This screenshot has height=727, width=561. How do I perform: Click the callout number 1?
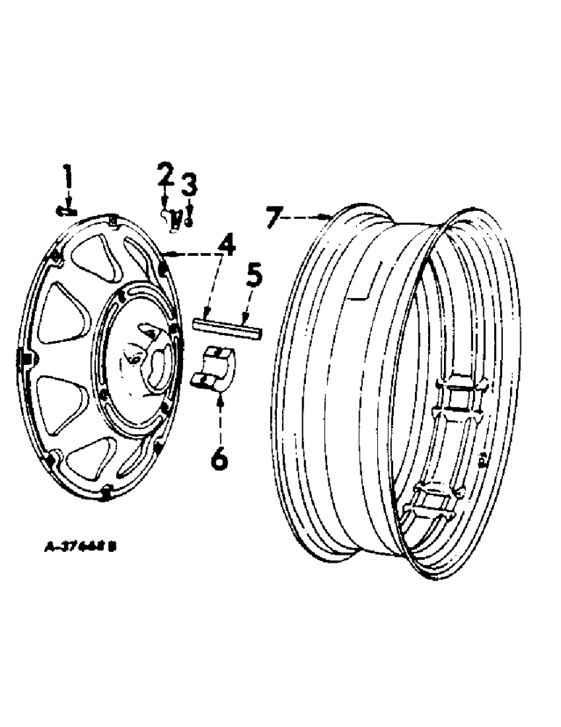(x=68, y=177)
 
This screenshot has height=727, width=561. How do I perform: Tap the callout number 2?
(x=165, y=175)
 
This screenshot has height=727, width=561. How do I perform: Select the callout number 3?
(x=188, y=185)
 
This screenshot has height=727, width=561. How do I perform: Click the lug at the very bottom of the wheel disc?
(x=107, y=494)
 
